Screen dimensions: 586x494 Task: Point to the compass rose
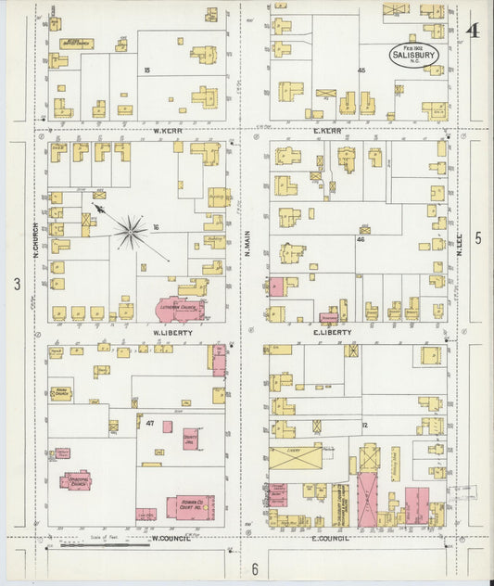pyautogui.click(x=131, y=232)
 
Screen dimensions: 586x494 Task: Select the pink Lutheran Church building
pyautogui.click(x=172, y=311)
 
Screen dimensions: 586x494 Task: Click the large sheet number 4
pyautogui.click(x=473, y=30)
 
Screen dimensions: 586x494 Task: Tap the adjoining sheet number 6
pyautogui.click(x=254, y=567)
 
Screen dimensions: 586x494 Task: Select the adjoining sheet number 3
pyautogui.click(x=17, y=283)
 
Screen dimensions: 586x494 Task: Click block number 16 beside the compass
pyautogui.click(x=156, y=228)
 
